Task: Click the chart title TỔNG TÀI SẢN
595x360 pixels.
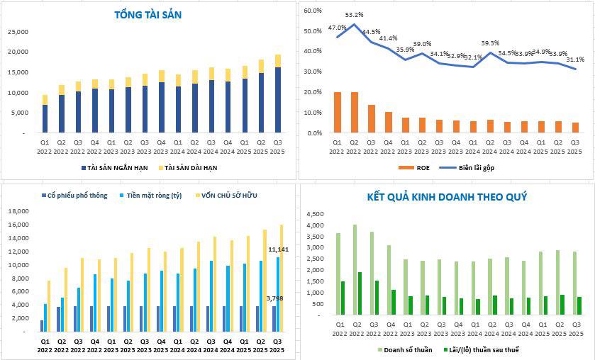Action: [149, 15]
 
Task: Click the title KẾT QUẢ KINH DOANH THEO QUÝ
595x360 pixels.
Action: [446, 196]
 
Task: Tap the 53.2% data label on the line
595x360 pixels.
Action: [355, 14]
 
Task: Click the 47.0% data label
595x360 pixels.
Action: [338, 28]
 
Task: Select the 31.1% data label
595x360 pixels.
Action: [575, 59]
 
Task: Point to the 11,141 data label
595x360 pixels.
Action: [279, 249]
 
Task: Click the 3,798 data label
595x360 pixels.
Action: [274, 298]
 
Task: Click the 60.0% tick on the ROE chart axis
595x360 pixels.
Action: [312, 11]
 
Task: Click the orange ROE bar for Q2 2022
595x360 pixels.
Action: [355, 112]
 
